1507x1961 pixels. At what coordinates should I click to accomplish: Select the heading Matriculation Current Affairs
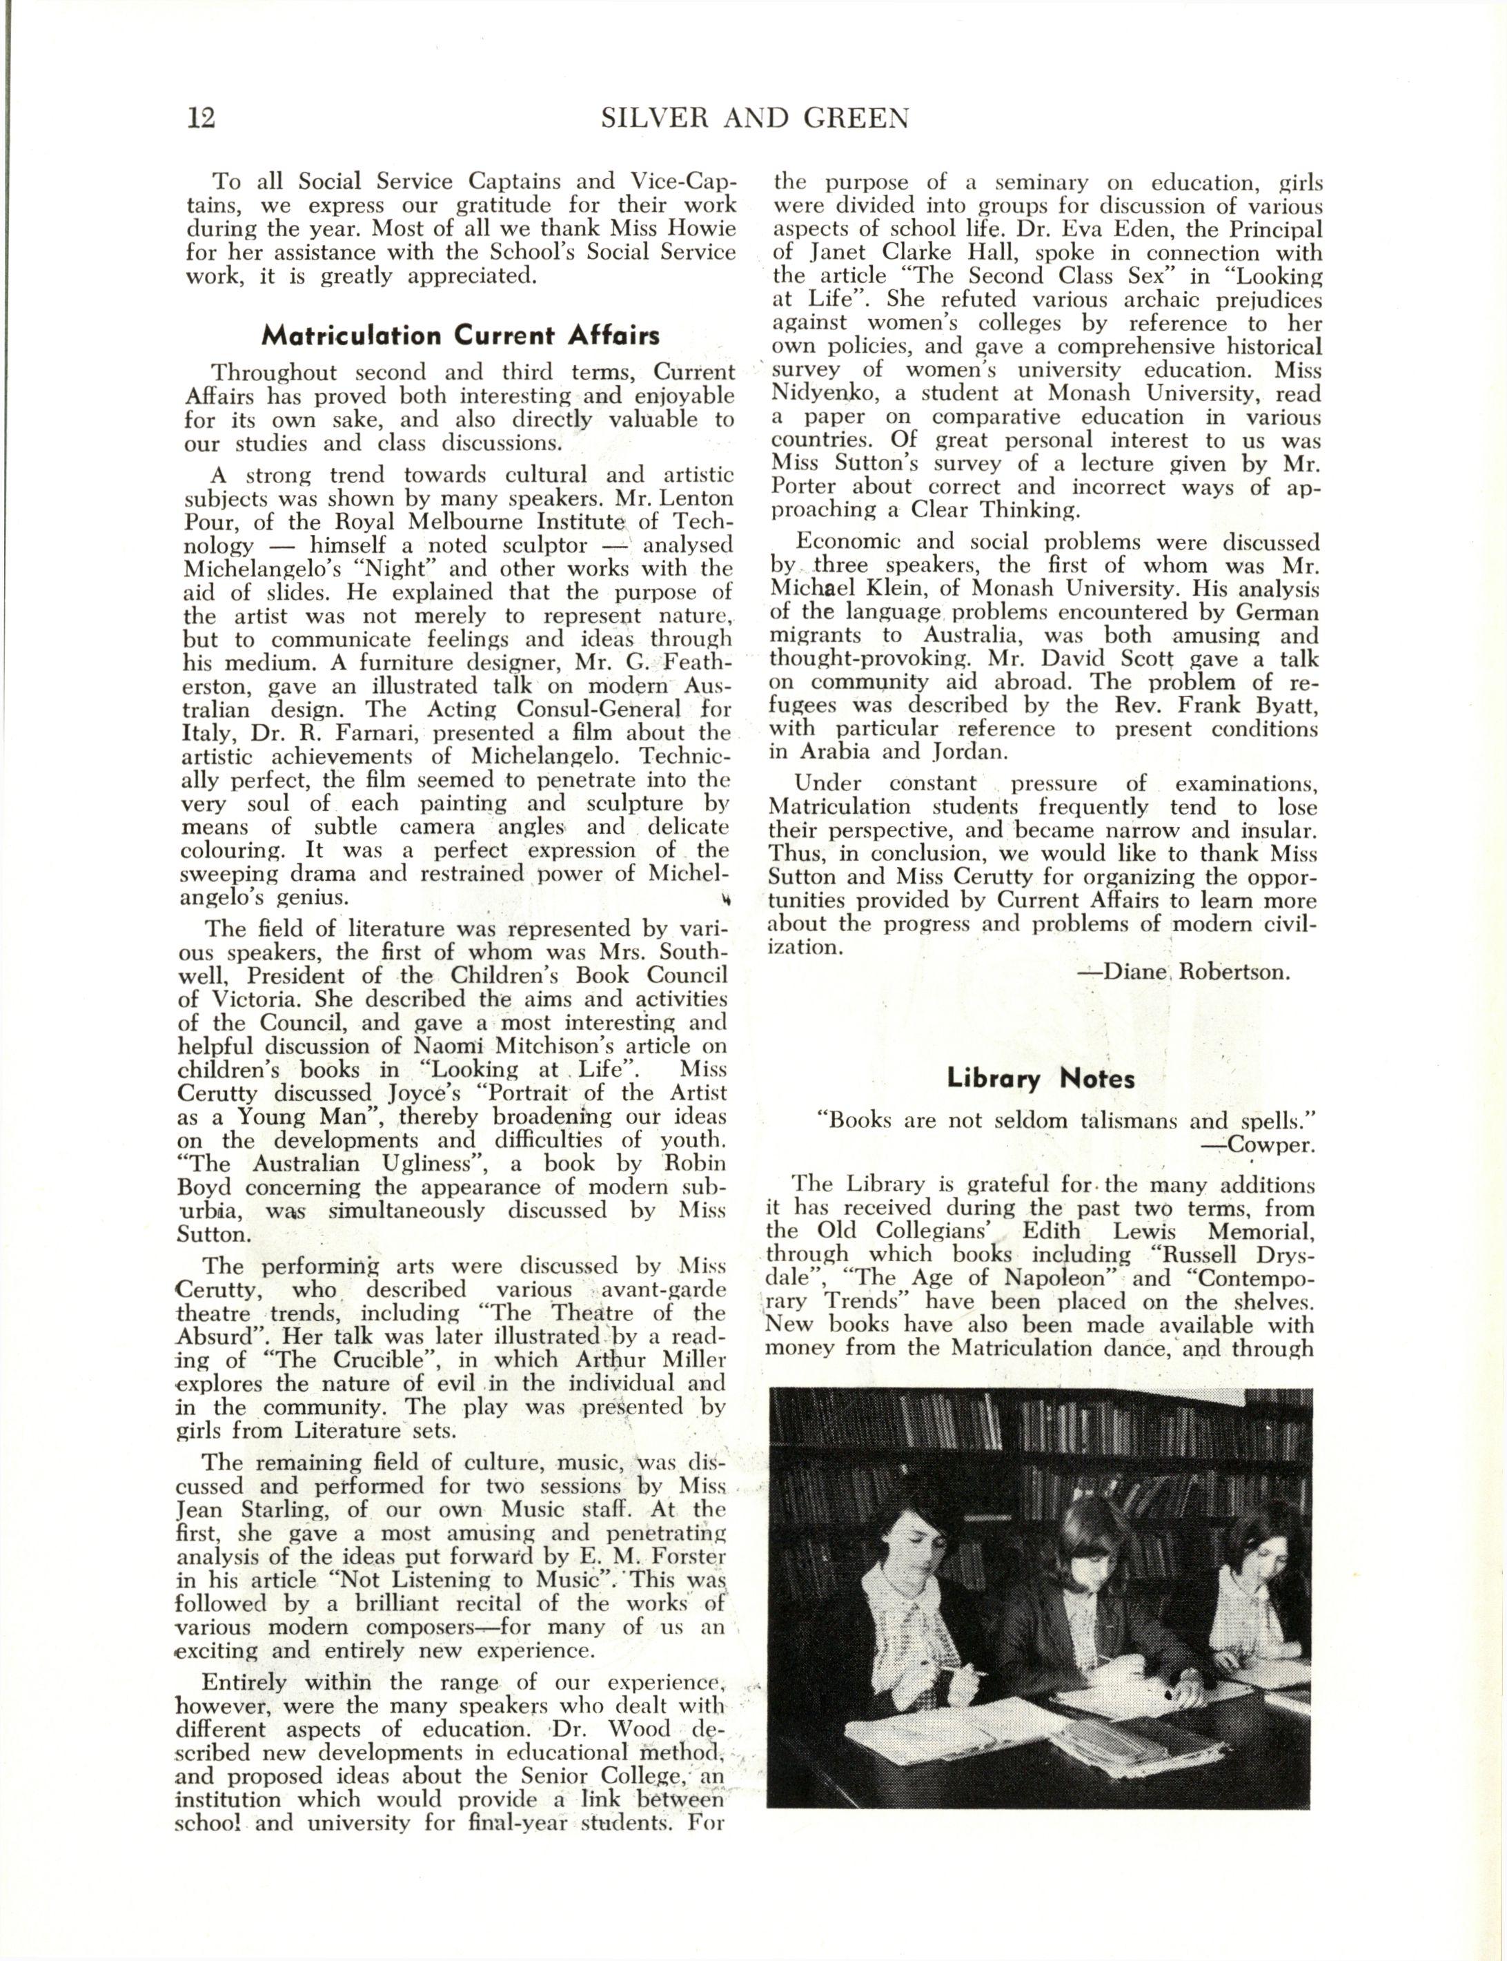click(x=460, y=336)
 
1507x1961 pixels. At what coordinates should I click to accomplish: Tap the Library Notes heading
click(x=1041, y=1079)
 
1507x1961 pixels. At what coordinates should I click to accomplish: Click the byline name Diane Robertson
click(x=1196, y=973)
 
